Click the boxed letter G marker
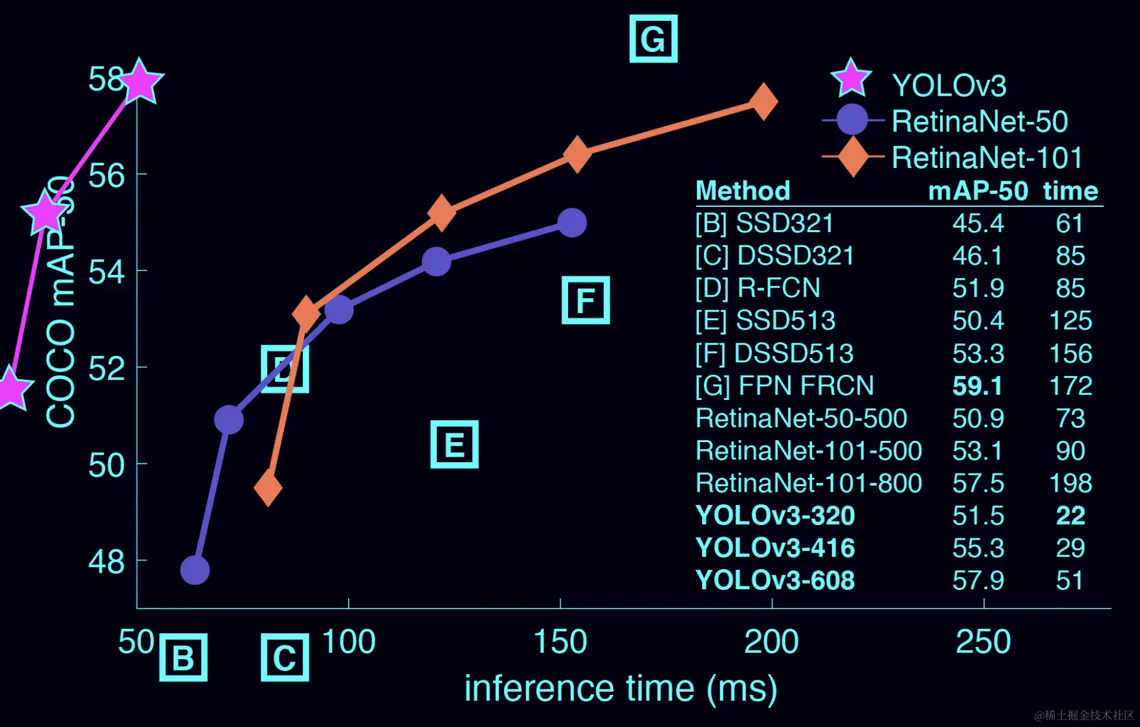653,39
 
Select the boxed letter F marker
586,300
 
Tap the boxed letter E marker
454,445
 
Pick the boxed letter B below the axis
184,658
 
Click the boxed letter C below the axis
285,658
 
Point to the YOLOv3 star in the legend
852,80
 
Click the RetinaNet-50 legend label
979,121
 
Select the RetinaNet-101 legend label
987,157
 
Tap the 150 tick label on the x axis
560,642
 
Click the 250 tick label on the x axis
983,642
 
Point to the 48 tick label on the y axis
106,562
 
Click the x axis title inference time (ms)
620,688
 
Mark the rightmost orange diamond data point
764,101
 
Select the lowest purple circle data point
195,570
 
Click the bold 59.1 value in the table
977,386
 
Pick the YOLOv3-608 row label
775,580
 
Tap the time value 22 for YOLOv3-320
1070,516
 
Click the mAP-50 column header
978,191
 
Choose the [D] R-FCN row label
757,288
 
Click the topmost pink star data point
140,81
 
